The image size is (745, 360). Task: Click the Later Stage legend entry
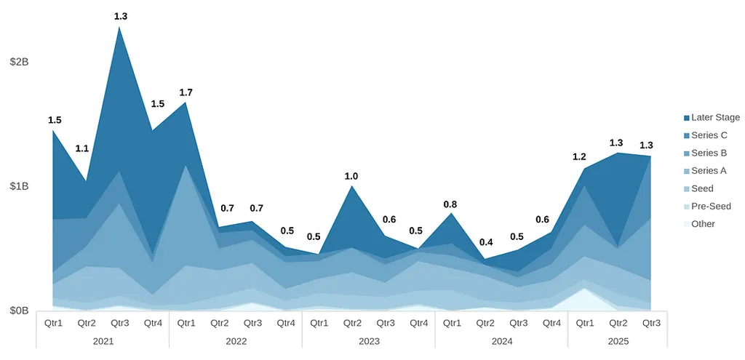tap(714, 117)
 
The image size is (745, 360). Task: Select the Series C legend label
tap(709, 135)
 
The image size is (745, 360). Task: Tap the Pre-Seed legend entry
tap(711, 207)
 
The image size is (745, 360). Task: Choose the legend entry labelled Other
tap(703, 224)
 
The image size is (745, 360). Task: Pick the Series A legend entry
tap(709, 171)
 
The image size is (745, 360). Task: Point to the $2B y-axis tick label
tap(19, 62)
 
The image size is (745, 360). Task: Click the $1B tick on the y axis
tap(19, 186)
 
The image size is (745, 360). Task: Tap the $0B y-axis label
tap(19, 311)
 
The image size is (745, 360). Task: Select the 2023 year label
tap(368, 340)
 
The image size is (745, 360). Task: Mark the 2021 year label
tap(103, 340)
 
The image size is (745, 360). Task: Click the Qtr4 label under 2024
tap(551, 323)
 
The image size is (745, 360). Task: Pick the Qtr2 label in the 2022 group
tap(219, 323)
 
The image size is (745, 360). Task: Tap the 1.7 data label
tap(186, 92)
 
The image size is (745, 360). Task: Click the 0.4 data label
tap(485, 242)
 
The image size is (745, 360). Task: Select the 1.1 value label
tap(82, 148)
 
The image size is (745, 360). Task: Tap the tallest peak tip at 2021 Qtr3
tap(119, 27)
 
